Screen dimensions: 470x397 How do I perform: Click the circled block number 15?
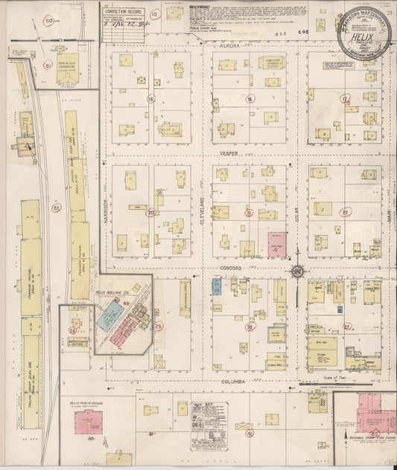click(x=150, y=99)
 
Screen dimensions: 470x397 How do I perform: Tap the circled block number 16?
click(x=250, y=99)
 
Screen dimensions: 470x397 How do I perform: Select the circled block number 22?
click(x=345, y=212)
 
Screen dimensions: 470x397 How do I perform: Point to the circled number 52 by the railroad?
click(x=56, y=209)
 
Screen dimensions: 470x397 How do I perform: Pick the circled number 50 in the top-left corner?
click(x=49, y=21)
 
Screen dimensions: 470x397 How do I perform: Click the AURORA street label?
click(x=226, y=45)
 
